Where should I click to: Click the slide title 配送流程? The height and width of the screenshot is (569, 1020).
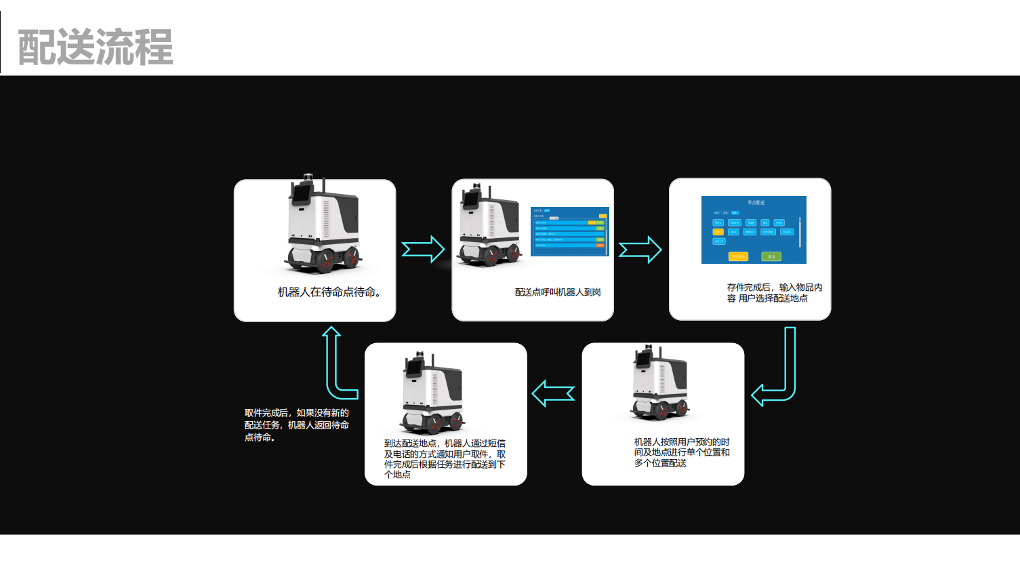(x=95, y=47)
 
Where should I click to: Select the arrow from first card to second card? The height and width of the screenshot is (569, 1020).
(x=423, y=250)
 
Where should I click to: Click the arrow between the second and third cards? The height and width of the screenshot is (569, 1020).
(x=640, y=250)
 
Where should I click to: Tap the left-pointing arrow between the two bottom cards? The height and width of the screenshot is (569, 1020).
(x=553, y=393)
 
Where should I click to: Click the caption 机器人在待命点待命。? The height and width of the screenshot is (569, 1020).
(x=329, y=292)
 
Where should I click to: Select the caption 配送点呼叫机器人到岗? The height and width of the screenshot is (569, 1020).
(x=558, y=292)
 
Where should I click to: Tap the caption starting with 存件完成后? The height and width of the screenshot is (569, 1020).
(x=774, y=293)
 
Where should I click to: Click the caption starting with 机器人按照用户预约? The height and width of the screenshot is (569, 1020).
(x=681, y=452)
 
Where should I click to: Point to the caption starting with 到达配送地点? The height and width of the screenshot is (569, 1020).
(x=445, y=459)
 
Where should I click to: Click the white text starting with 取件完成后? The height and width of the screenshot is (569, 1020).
(x=296, y=425)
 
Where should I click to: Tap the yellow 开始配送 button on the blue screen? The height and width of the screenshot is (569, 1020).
(x=737, y=256)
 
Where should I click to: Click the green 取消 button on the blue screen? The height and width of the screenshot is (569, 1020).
(x=771, y=256)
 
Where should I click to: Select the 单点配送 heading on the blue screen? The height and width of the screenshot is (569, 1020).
(x=756, y=203)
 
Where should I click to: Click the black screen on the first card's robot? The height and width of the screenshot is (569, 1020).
(x=300, y=195)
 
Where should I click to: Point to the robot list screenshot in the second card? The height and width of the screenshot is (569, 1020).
(x=570, y=231)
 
